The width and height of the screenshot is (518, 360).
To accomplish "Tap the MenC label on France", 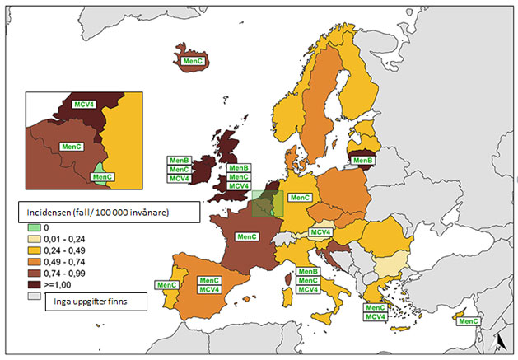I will pyautogui.click(x=247, y=236).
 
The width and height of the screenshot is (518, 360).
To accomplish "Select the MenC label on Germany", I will pyautogui.click(x=300, y=198).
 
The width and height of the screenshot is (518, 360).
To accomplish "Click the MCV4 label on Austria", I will pyautogui.click(x=321, y=233).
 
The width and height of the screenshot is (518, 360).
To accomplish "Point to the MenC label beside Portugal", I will pyautogui.click(x=166, y=285).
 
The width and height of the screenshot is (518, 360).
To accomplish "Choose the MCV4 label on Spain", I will pyautogui.click(x=208, y=290).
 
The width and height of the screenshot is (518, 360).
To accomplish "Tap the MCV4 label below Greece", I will pyautogui.click(x=376, y=317).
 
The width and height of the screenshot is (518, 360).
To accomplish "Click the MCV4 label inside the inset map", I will pyautogui.click(x=84, y=105).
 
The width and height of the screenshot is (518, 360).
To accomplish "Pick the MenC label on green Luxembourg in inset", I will pyautogui.click(x=102, y=176).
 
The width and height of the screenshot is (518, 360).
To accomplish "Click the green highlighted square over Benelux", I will pyautogui.click(x=266, y=203).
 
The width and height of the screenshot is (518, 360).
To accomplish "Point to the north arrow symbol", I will pyautogui.click(x=500, y=342).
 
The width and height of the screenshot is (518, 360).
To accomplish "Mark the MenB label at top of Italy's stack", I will pyautogui.click(x=308, y=272).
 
